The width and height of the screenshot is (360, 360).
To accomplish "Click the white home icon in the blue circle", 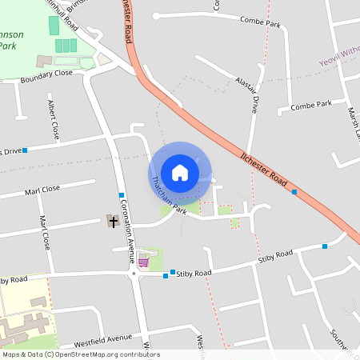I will coord(179,172).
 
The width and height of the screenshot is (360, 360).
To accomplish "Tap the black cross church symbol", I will coord(113,221).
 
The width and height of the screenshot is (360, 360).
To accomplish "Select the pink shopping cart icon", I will coord(143,260).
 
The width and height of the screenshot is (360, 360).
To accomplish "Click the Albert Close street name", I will coord(54,118).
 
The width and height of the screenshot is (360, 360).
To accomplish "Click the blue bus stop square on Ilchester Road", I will coord(294,192).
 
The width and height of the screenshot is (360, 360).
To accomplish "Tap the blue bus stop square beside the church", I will coord(122,195).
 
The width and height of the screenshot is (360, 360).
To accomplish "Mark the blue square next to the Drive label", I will coord(25,150).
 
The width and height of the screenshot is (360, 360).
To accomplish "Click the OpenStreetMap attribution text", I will coord(80,354).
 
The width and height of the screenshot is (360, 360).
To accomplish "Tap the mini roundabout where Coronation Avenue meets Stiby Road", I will coord(134,274).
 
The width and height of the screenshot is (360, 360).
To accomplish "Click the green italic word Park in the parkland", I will coord(7,46).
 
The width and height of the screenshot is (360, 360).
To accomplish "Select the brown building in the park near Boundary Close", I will coord(45,61).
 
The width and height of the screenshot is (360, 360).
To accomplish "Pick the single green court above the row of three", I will coord(54,26).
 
